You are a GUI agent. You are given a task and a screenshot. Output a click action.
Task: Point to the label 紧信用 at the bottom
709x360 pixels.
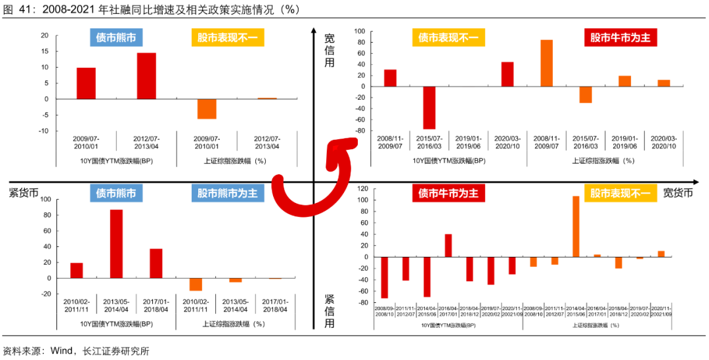click(x=329, y=311)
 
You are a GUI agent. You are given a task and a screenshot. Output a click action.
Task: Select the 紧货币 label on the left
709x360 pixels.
click(x=24, y=192)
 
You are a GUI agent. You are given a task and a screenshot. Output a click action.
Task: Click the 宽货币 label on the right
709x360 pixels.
click(x=677, y=192)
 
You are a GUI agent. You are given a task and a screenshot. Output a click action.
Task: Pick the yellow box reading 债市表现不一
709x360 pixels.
click(x=448, y=37)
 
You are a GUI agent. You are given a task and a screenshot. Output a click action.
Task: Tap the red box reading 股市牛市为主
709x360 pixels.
click(x=620, y=37)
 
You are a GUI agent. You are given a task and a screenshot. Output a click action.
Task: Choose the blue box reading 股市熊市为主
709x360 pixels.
click(x=228, y=193)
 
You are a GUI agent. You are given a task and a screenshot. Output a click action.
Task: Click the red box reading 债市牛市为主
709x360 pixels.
click(x=448, y=193)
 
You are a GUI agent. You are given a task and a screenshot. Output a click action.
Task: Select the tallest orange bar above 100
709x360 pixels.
click(x=576, y=226)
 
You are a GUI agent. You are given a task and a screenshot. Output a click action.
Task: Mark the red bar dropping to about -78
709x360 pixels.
click(x=429, y=107)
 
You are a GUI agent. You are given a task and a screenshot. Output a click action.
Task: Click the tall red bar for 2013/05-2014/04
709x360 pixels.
click(x=116, y=244)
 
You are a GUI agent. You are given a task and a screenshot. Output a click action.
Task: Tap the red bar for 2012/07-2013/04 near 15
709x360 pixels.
click(x=146, y=76)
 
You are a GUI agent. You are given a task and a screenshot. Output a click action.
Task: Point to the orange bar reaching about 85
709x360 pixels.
click(x=546, y=63)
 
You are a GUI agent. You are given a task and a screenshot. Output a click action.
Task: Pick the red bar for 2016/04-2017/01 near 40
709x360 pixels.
click(x=448, y=245)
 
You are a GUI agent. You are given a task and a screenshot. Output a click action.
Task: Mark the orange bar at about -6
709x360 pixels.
click(x=207, y=108)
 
